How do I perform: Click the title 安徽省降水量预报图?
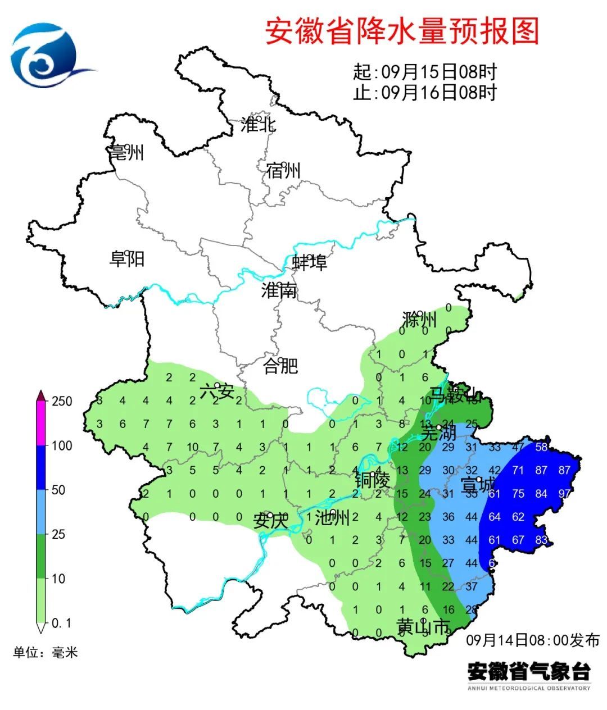401,31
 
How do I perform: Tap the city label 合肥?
280,366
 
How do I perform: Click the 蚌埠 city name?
309,262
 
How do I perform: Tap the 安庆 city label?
270,521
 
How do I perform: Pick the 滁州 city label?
419,320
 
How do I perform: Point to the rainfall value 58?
541,447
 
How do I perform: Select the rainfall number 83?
541,540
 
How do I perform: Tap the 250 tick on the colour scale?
62,401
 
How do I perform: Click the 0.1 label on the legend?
61,623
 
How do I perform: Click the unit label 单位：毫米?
46,652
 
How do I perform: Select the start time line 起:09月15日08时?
424,72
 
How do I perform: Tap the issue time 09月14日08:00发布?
532,640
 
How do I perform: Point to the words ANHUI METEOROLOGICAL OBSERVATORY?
529,688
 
